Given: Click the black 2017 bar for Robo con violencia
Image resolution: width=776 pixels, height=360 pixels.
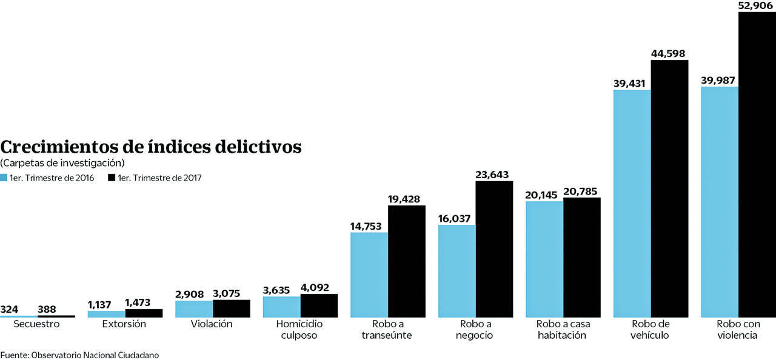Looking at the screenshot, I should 757,164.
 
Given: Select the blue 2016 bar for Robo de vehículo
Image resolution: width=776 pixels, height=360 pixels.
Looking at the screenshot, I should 632,203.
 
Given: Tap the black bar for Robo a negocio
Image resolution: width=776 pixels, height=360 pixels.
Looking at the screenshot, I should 494,248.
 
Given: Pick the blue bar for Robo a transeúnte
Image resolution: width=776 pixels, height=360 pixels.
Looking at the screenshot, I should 369,275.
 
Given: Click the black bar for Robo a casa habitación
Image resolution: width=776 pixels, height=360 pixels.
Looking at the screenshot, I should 581,257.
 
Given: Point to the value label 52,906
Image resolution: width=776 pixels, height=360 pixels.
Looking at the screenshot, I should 755,5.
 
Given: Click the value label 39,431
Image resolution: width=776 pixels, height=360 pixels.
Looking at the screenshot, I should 632,84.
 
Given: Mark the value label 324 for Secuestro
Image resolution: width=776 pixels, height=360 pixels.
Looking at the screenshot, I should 10,309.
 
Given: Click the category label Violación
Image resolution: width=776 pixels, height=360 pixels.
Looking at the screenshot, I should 212,324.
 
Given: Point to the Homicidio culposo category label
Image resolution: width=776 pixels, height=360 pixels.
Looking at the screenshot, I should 300,329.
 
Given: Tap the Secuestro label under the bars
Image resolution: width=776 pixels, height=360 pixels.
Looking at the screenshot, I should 38,324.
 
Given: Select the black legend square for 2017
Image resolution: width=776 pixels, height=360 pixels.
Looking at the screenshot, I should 111,178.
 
